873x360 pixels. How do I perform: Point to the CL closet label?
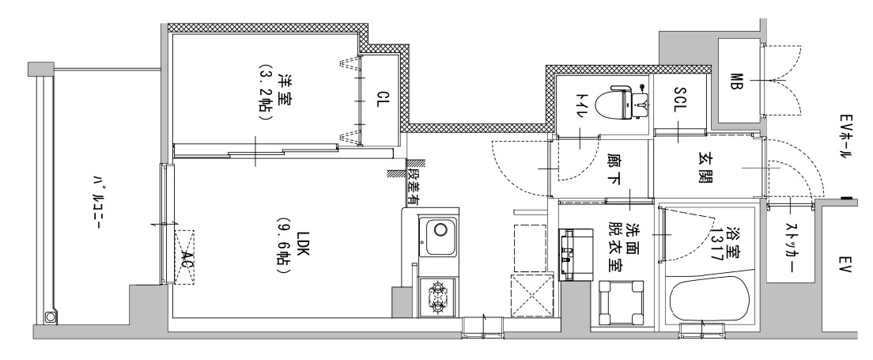pyautogui.click(x=382, y=101)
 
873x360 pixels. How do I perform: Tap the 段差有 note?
pyautogui.click(x=414, y=180)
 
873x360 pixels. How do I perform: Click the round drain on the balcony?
pyautogui.click(x=51, y=317)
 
